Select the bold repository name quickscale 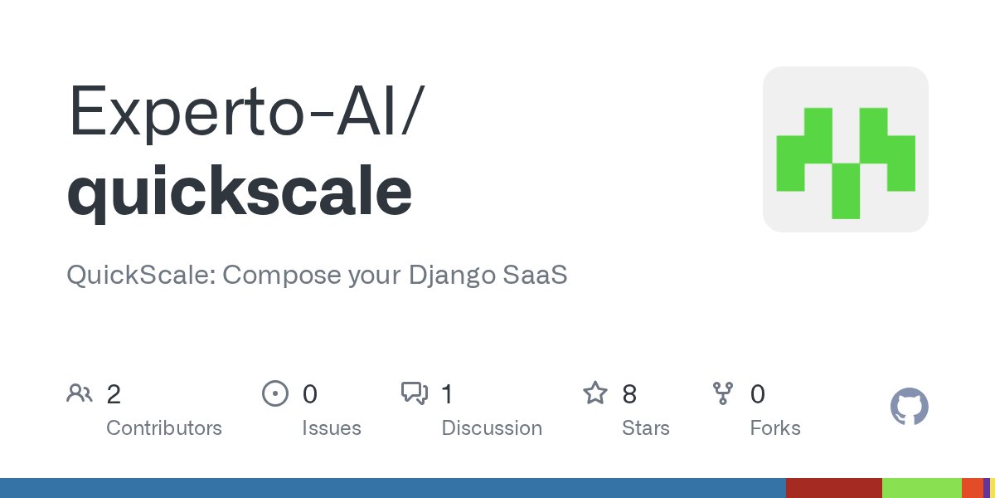click(x=239, y=192)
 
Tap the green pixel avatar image click(x=845, y=149)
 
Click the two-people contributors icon click(x=80, y=393)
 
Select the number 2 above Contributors click(x=114, y=394)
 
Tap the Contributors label click(x=164, y=428)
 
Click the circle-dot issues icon click(x=274, y=393)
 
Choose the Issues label click(x=332, y=428)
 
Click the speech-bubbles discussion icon click(x=414, y=393)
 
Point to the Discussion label click(x=492, y=428)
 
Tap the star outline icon click(x=595, y=393)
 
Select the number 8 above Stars click(x=629, y=394)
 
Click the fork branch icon click(x=723, y=393)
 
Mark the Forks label click(x=775, y=428)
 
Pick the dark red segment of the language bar click(x=833, y=488)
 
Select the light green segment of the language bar click(x=921, y=488)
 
